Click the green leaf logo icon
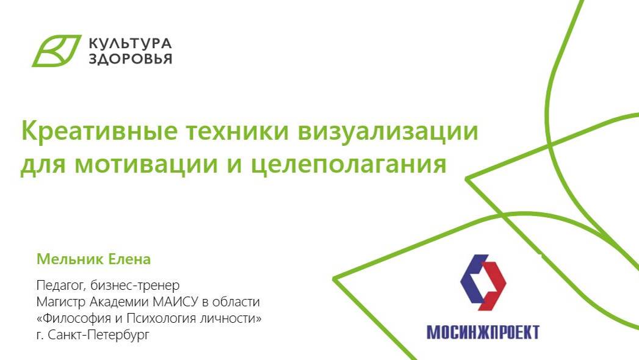[56, 51]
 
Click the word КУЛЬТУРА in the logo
[130, 43]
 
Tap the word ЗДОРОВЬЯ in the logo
[131, 59]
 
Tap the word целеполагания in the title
[349, 165]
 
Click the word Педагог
[61, 285]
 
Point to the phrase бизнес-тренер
[135, 285]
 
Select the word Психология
[161, 318]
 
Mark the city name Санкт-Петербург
[99, 335]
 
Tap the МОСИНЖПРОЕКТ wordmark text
[483, 332]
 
